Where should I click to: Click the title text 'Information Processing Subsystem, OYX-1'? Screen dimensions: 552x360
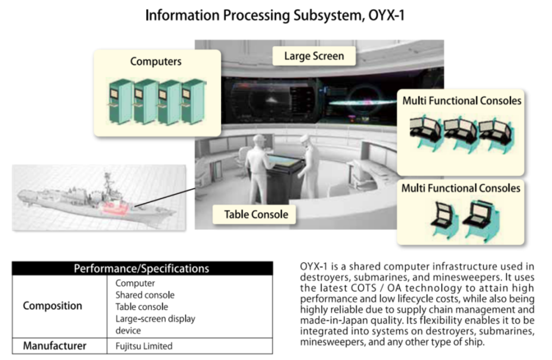(275, 16)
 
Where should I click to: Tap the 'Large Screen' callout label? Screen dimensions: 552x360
(314, 56)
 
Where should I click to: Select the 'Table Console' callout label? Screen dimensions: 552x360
(256, 215)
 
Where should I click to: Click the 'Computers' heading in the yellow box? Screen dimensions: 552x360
(156, 62)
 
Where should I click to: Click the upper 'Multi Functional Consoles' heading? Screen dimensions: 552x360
(462, 101)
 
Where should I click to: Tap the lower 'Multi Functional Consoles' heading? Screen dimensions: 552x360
(461, 188)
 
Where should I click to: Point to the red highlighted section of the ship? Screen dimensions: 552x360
(114, 208)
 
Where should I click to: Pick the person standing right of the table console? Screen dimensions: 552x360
(309, 166)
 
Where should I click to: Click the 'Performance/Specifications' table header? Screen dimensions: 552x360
(142, 269)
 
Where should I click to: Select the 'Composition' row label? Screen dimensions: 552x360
(52, 306)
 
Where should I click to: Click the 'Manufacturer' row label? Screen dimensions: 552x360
(55, 346)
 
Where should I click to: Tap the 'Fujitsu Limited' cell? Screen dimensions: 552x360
(144, 346)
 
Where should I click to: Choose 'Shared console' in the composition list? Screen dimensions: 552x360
(145, 295)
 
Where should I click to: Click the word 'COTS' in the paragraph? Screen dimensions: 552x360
(363, 288)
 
